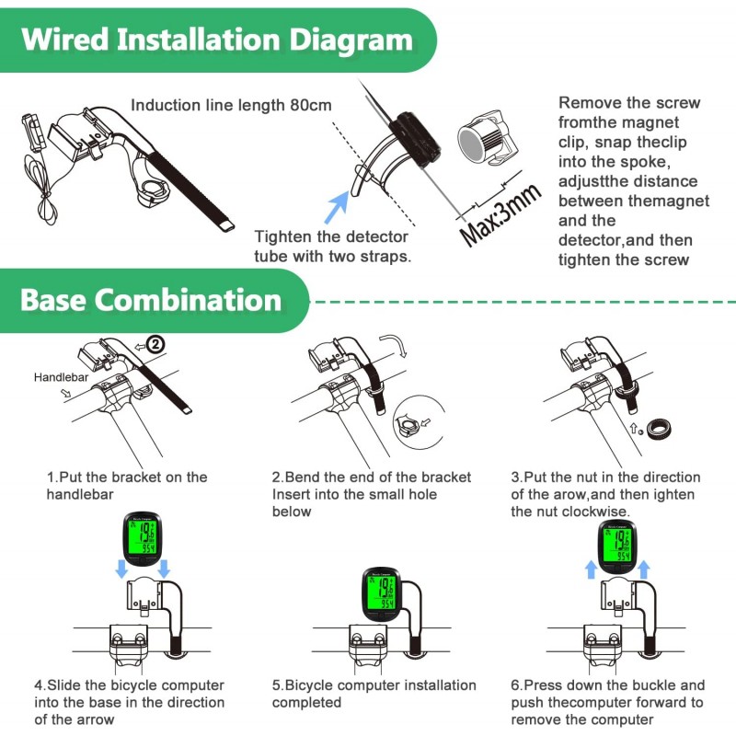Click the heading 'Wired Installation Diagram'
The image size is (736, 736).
click(x=217, y=40)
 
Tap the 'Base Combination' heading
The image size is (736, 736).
click(x=151, y=300)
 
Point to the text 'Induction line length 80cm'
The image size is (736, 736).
click(x=231, y=106)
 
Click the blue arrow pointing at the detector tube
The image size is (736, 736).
click(x=336, y=201)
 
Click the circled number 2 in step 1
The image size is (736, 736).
click(x=155, y=344)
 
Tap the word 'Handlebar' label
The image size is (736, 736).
click(x=60, y=377)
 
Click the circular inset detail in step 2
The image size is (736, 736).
click(x=409, y=424)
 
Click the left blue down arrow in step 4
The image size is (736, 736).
click(x=121, y=569)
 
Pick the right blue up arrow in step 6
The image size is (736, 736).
click(x=644, y=569)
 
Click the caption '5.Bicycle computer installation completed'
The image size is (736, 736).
click(x=374, y=694)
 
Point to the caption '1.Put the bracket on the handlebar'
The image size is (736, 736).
click(x=127, y=486)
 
